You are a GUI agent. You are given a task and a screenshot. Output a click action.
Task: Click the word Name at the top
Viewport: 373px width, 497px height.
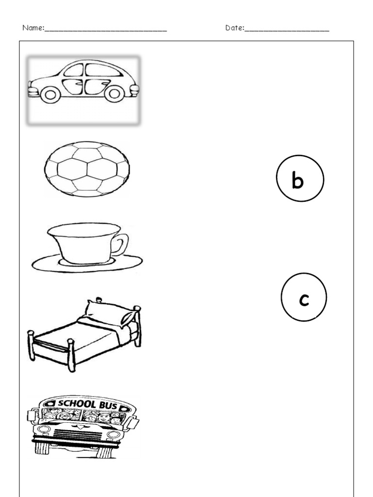33,28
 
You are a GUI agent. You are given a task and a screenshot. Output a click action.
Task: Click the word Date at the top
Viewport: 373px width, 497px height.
234,28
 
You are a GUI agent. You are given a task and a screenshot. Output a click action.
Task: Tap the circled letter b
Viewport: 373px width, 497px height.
300,178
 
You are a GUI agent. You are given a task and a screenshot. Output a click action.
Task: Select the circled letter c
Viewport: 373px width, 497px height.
304,297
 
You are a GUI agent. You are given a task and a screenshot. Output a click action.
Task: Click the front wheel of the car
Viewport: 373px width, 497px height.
51,95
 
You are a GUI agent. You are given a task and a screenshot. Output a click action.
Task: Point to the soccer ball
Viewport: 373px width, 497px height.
87,169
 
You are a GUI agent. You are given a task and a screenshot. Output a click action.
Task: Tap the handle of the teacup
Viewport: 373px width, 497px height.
122,245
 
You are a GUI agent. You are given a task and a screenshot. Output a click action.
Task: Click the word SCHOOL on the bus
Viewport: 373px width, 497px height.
76,403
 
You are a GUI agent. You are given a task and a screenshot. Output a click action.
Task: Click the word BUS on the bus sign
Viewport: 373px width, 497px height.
108,405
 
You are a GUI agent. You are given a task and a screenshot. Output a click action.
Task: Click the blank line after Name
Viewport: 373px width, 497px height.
105,31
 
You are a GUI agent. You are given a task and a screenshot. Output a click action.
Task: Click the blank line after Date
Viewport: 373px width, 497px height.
287,31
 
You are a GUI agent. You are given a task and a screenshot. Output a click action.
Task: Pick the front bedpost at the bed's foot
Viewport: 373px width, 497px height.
71,355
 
